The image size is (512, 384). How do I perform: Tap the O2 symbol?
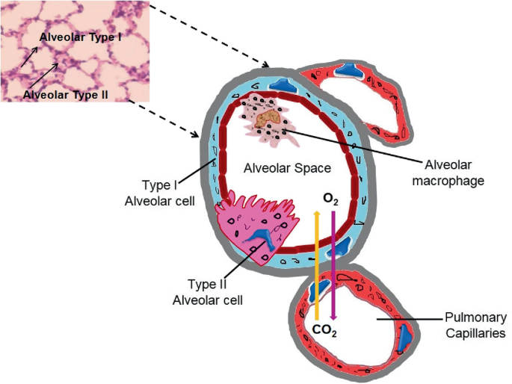pyautogui.click(x=331, y=199)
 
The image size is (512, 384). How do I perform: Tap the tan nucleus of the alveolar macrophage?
pyautogui.click(x=267, y=117)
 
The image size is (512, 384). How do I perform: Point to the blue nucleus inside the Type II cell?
pyautogui.click(x=260, y=238)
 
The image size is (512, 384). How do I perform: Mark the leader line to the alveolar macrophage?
pyautogui.click(x=351, y=146)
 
